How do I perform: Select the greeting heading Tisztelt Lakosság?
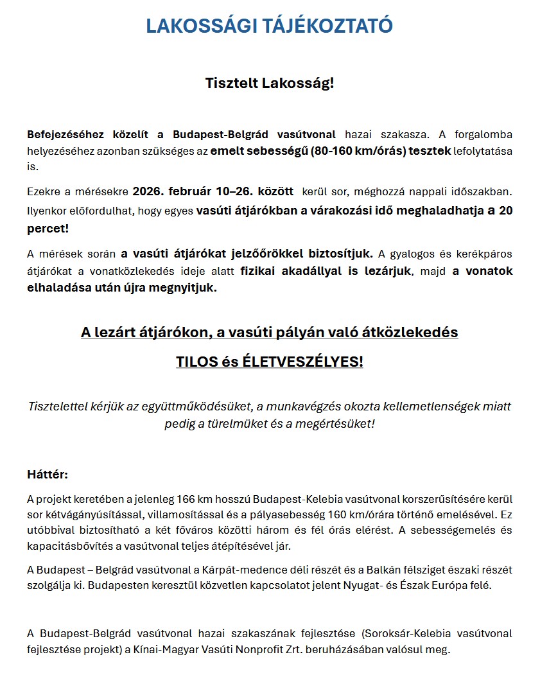(270, 84)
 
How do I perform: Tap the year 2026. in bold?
(148, 191)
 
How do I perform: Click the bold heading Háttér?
(48, 475)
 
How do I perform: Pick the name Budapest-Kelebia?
(295, 499)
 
